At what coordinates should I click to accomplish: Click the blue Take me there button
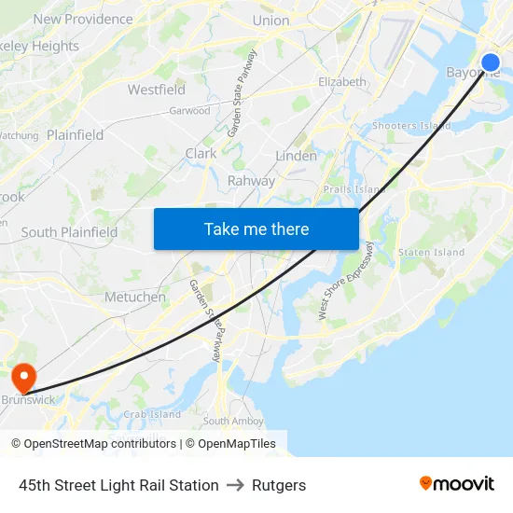tap(256, 229)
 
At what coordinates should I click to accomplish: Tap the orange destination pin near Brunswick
tap(22, 378)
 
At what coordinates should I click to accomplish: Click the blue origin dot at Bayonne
tap(491, 63)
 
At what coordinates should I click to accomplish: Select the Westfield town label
tap(157, 90)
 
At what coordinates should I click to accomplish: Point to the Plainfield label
tap(76, 134)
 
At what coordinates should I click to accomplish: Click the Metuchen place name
tap(135, 297)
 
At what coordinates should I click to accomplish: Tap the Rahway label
tap(252, 181)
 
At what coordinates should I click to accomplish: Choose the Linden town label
tap(297, 156)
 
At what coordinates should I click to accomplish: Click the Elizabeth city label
tap(342, 82)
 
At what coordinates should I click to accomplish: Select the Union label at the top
tap(270, 20)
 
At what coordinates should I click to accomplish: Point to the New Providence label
tap(83, 19)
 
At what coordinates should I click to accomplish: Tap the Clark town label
tap(201, 153)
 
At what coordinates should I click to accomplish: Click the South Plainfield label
tap(70, 232)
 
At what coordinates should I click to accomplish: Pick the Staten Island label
tap(431, 252)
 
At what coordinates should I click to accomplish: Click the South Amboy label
tap(233, 421)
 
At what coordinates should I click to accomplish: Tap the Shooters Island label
tap(411, 126)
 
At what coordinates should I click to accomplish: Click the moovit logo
tap(457, 483)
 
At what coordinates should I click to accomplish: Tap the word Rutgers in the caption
tap(280, 485)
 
